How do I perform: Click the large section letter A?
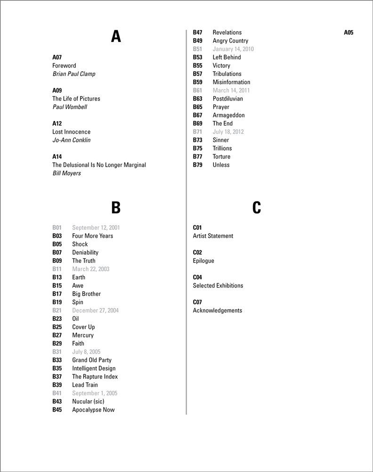116,36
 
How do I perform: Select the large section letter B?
116,207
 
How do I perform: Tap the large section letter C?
257,207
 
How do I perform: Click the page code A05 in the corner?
349,33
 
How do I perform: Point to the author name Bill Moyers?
66,173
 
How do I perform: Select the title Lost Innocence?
71,132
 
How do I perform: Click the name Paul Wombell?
70,107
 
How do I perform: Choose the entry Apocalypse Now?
93,410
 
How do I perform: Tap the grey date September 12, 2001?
96,228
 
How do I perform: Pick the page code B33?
57,360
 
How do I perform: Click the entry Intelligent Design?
94,368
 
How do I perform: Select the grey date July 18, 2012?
228,132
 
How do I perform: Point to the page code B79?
197,165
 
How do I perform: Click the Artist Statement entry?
213,236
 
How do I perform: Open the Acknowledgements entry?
218,311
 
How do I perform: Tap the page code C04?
197,277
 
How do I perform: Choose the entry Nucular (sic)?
88,401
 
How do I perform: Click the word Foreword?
64,66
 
